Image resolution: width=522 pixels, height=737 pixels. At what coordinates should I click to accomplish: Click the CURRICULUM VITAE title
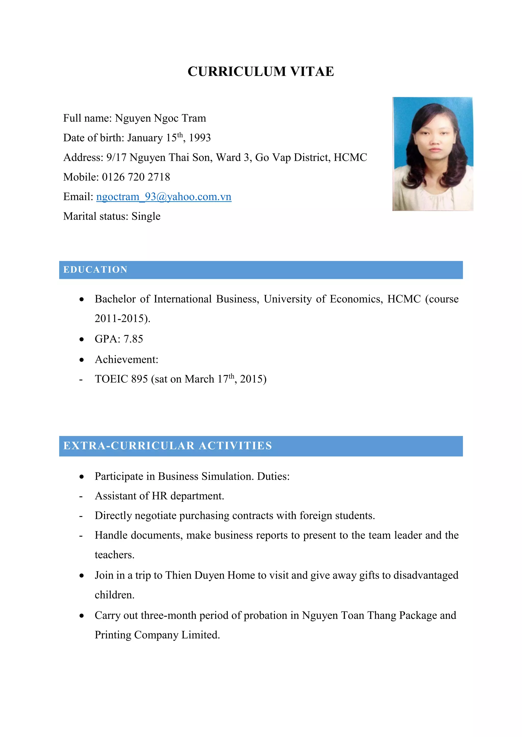point(261,71)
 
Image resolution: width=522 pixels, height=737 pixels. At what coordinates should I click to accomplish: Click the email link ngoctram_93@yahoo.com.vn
point(164,196)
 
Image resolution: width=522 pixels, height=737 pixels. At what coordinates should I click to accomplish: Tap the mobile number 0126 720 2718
point(136,177)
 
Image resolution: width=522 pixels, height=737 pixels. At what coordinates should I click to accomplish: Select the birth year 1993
point(200,138)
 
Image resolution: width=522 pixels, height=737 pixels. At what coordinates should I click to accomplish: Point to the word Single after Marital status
point(146,216)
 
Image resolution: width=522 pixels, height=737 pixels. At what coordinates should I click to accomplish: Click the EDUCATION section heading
point(96,270)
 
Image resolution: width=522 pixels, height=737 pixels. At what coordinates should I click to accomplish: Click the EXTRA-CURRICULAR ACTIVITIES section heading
point(167,446)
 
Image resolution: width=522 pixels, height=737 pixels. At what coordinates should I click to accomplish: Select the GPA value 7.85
point(133,339)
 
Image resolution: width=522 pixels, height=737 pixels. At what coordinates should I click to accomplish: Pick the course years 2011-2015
point(119,318)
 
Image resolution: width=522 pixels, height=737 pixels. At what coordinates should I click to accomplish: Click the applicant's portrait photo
point(433,154)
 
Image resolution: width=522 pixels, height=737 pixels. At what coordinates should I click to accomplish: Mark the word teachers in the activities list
point(114,555)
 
